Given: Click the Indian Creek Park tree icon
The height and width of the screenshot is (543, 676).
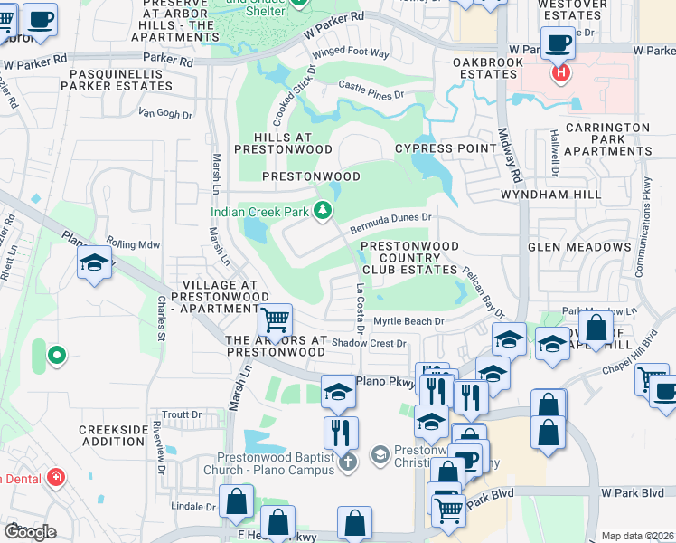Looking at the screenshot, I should click(322, 212).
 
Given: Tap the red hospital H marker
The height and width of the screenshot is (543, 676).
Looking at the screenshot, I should click(560, 71).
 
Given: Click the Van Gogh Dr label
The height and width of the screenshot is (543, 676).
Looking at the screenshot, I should click(164, 114).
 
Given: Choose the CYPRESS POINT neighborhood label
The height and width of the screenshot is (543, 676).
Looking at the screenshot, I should click(433, 148).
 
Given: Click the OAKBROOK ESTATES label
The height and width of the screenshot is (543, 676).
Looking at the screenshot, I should click(488, 69).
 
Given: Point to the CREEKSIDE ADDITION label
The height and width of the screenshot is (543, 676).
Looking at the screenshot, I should click(112, 435).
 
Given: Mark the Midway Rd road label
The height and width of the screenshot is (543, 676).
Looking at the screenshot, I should click(511, 154).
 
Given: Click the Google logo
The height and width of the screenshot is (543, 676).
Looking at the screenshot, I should click(30, 531).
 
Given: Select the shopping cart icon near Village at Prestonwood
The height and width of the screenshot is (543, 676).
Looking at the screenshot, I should click(275, 319).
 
